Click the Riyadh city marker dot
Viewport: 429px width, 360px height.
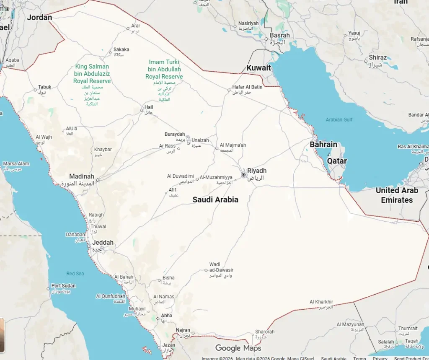click(243, 175)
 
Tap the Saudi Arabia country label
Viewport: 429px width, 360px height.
click(215, 200)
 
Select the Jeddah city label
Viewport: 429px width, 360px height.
click(103, 243)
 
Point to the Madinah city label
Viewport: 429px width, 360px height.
click(82, 176)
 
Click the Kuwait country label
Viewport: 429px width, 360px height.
click(258, 68)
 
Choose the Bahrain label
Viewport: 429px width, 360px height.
click(323, 145)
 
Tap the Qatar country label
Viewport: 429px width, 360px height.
click(337, 161)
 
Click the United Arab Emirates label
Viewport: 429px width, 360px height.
click(397, 195)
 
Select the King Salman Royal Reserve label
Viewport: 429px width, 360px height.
click(92, 73)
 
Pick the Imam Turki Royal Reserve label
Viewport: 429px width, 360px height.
click(164, 69)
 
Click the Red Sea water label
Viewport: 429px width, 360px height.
click(75, 274)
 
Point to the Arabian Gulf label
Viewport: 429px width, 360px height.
click(339, 120)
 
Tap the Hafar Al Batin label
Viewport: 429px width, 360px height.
click(247, 87)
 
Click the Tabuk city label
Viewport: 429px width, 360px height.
click(45, 87)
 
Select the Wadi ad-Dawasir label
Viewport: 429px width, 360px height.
click(221, 267)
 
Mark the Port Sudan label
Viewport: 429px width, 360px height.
click(64, 286)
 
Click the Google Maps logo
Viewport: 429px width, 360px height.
click(238, 348)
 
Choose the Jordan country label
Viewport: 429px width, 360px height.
click(39, 18)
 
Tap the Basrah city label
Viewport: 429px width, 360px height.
click(279, 36)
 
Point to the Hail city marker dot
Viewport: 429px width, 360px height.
click(142, 111)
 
